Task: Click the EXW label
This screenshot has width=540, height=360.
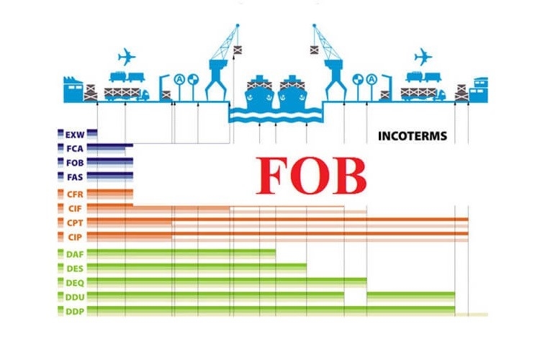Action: coord(75,135)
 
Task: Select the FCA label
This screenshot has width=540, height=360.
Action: coord(75,149)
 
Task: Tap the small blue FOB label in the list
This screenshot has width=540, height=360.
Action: coord(75,163)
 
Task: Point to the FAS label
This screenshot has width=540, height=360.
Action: coord(75,177)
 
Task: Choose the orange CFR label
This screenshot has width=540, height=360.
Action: coord(75,194)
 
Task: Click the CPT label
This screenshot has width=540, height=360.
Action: coord(75,223)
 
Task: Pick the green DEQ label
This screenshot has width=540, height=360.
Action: coord(75,283)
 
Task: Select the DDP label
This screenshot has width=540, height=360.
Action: coord(75,312)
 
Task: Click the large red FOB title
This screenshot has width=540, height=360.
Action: coord(311,176)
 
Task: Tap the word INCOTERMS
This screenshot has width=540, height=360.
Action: coord(413,136)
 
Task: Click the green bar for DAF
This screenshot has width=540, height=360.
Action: coord(181,254)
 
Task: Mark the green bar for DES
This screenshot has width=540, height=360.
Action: coord(197,269)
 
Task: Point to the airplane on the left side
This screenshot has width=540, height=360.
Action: coord(127,57)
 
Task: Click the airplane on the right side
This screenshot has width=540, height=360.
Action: coord(423,57)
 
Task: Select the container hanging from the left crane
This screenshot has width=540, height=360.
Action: coord(238,50)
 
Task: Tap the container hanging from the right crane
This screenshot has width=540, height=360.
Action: coord(314,50)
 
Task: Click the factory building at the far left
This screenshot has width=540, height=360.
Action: coord(73,89)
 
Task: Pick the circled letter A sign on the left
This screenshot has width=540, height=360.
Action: coord(179,80)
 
